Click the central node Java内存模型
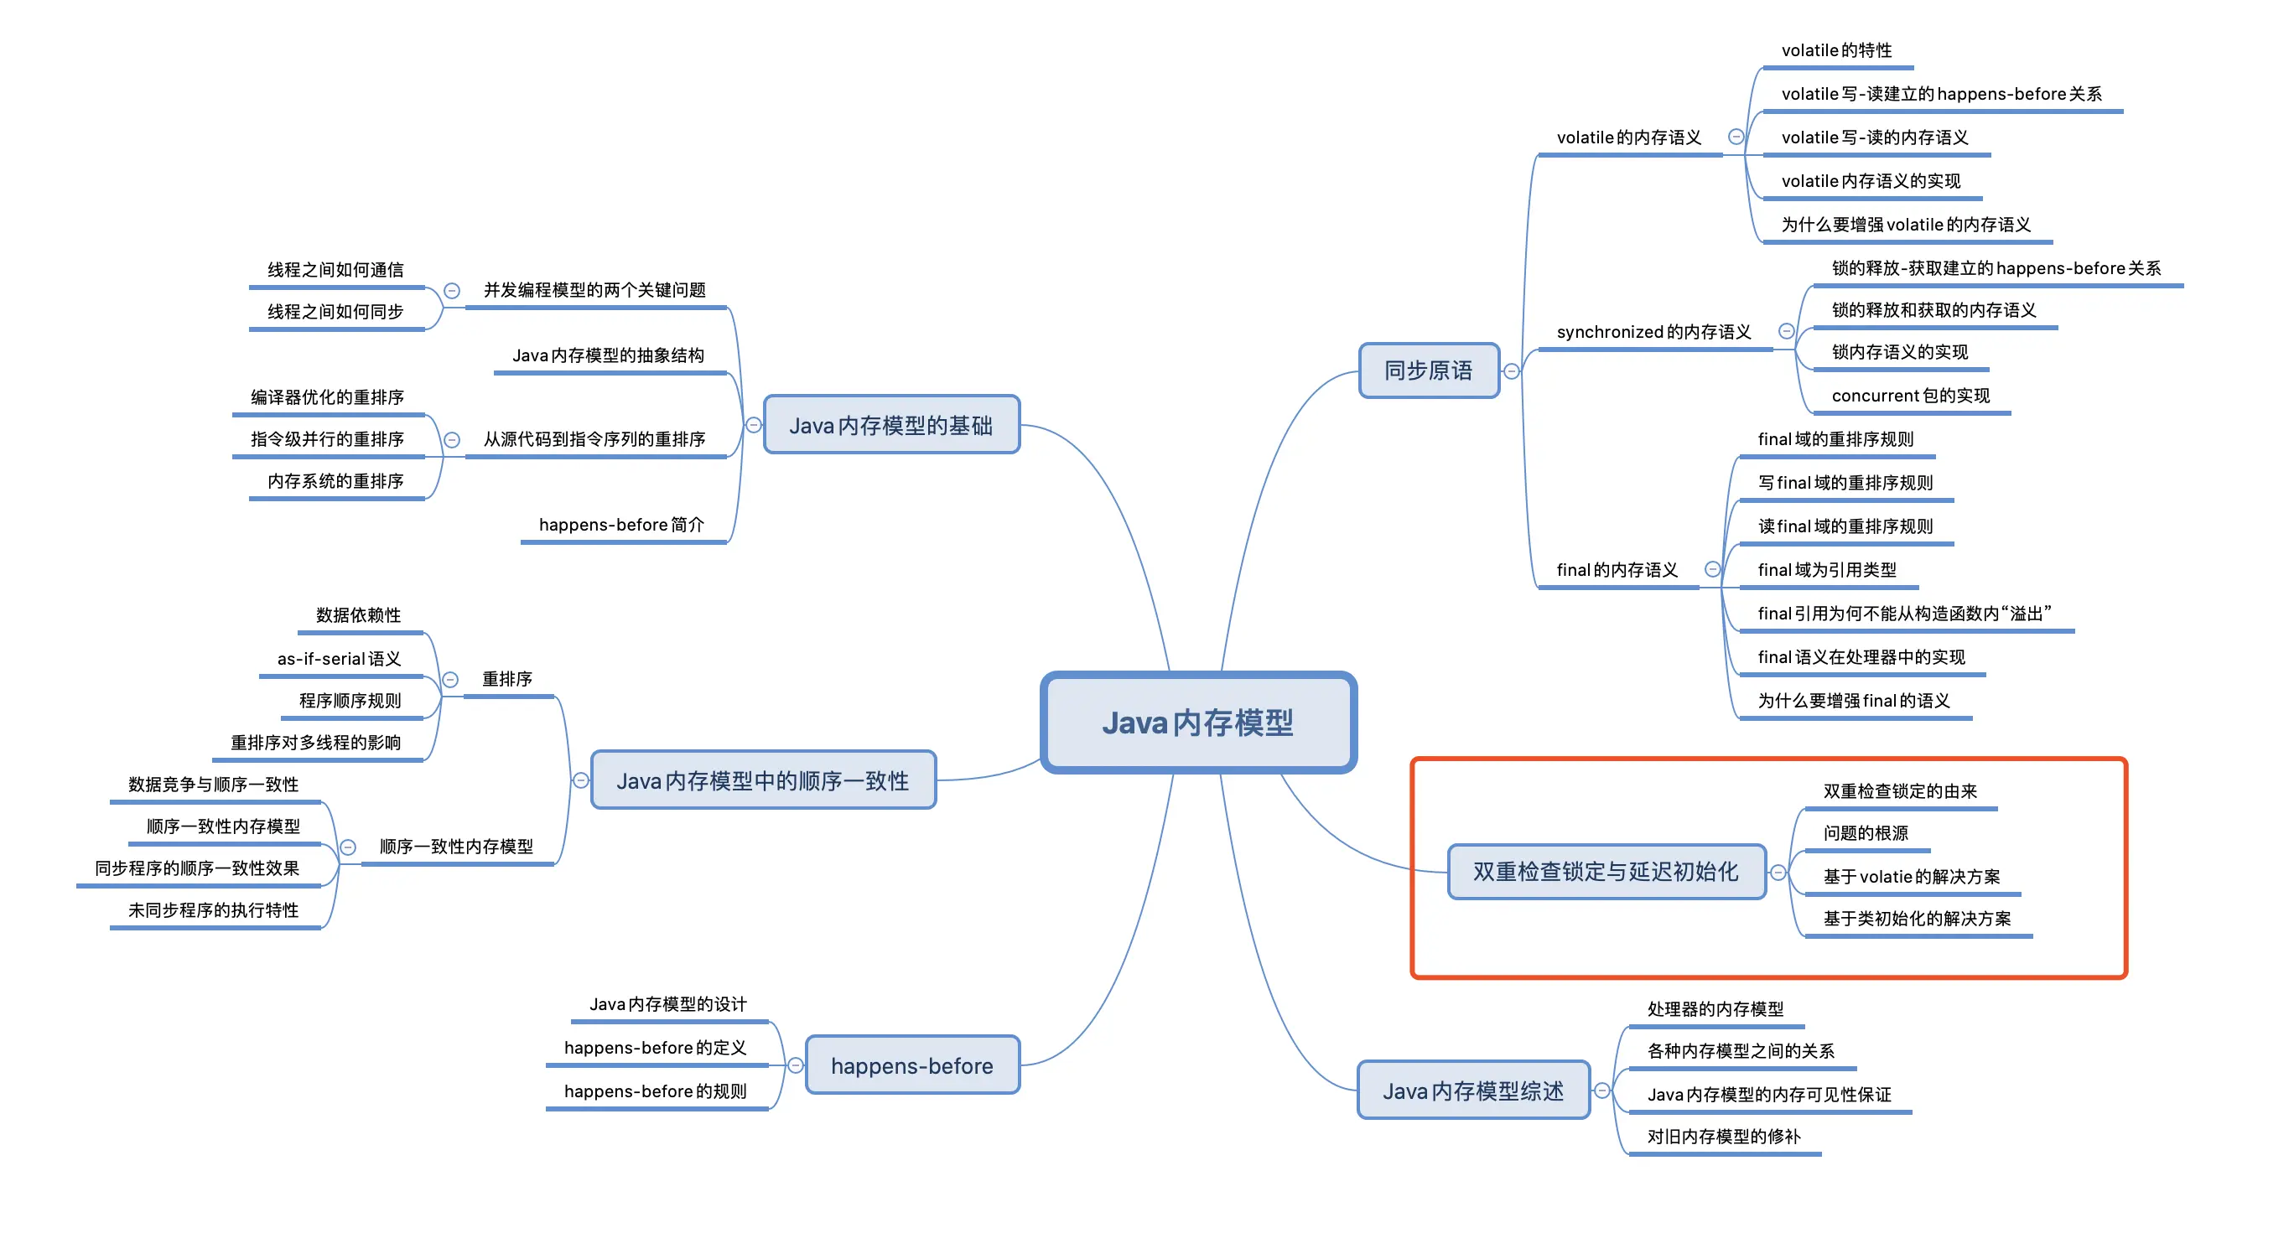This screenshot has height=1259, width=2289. (1198, 723)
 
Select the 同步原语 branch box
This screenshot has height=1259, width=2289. (1428, 370)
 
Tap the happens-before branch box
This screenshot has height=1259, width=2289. (911, 1065)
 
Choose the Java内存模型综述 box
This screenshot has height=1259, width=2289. (1472, 1091)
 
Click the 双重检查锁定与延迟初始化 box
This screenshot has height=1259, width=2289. (1605, 872)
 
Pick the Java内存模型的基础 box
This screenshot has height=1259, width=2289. (890, 426)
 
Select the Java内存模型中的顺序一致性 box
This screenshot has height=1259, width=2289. (762, 781)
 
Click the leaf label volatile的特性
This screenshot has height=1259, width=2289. (1836, 50)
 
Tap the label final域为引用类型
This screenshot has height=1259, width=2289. (1826, 569)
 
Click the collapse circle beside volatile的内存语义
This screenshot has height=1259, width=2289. (1736, 137)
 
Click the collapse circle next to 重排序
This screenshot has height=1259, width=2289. (450, 680)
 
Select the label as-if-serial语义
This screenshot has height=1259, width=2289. (339, 658)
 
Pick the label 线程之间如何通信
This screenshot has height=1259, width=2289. (335, 269)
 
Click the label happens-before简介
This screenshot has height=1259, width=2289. (621, 524)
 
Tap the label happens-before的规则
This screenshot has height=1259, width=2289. (655, 1091)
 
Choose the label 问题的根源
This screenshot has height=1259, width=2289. (1865, 832)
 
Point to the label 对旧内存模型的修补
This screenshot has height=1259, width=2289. (1723, 1137)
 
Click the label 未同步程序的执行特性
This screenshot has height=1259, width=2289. (213, 909)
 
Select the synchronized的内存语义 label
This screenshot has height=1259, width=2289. (1653, 331)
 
